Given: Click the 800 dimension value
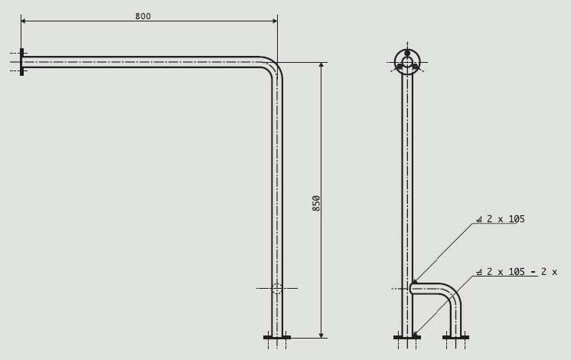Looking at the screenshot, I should click(142, 16).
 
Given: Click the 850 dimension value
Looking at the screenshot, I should click(316, 204).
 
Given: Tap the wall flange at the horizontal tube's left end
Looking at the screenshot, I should click(22, 62).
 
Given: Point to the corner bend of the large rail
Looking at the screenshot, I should click(272, 67).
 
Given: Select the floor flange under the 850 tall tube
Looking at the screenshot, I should click(277, 337).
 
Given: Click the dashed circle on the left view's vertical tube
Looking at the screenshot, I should click(277, 288).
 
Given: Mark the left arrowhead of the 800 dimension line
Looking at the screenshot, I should click(24, 21).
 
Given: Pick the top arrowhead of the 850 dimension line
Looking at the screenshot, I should click(321, 66).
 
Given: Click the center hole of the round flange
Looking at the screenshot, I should click(407, 62).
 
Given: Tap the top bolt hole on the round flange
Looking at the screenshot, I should click(407, 53).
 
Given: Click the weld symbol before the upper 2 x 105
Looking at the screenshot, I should click(479, 220).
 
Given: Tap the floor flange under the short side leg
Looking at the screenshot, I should click(456, 337).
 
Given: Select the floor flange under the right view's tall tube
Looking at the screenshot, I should click(407, 337).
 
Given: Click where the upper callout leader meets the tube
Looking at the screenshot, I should click(413, 283).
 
